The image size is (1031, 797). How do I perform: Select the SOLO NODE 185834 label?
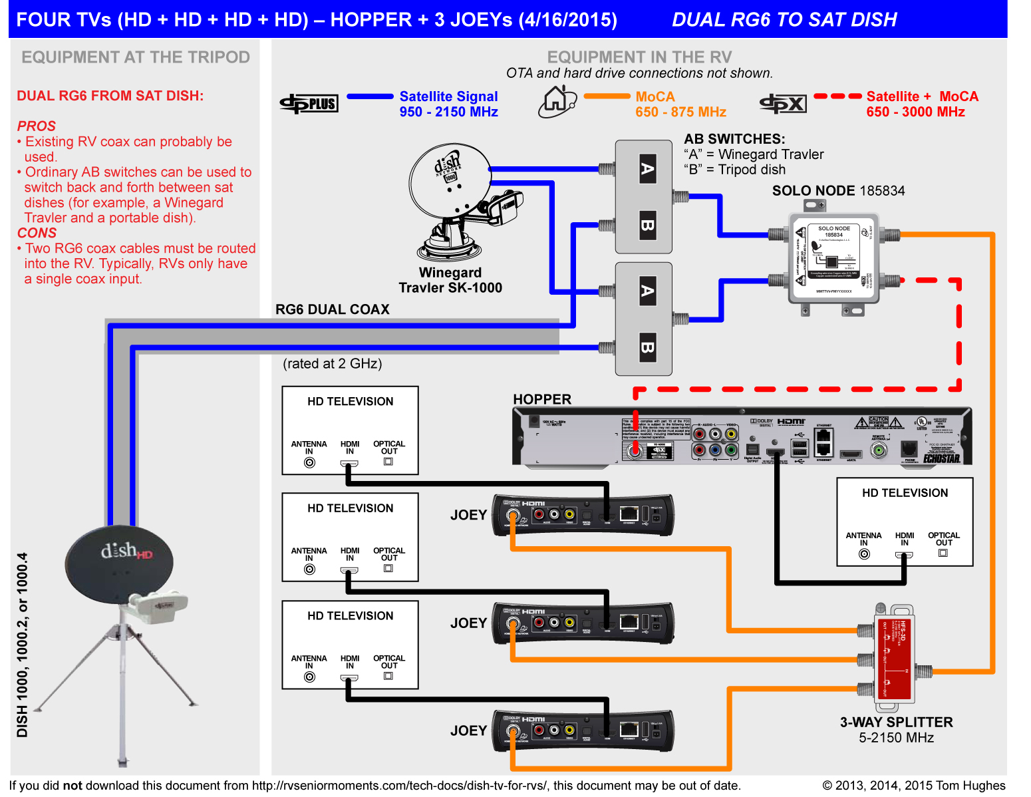tap(838, 191)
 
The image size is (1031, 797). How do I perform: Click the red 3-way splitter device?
tap(894, 655)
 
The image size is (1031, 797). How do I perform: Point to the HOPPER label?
tap(542, 399)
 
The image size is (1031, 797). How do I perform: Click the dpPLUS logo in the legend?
tap(309, 103)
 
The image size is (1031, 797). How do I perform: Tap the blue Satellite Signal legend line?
tap(370, 96)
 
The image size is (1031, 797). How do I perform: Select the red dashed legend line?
tap(837, 96)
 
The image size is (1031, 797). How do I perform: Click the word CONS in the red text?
tap(37, 233)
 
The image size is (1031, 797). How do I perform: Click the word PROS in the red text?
tap(37, 126)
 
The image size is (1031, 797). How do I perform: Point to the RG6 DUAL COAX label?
tap(333, 309)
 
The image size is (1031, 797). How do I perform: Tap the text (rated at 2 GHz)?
tap(333, 364)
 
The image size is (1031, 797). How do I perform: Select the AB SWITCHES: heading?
tap(734, 139)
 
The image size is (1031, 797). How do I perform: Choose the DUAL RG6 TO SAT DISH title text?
tap(784, 19)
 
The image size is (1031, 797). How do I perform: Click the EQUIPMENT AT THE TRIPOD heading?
tap(136, 57)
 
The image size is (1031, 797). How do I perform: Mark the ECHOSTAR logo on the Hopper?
tap(941, 458)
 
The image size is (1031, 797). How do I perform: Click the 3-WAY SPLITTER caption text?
tap(896, 722)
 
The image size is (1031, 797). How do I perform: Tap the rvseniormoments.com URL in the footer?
tap(399, 786)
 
